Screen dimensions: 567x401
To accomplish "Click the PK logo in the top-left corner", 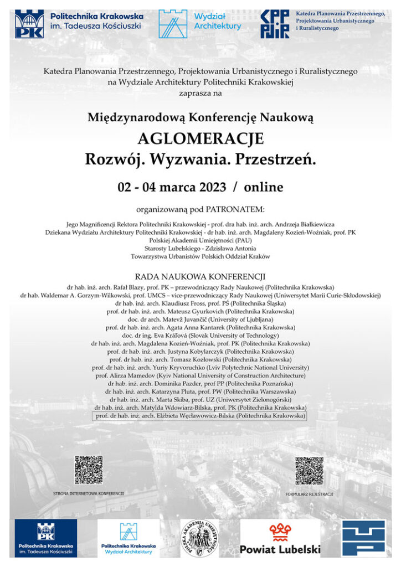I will tap(29, 23).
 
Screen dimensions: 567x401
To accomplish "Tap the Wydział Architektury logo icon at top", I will tap(173, 23).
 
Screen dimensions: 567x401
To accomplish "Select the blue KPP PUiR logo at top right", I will tap(275, 24).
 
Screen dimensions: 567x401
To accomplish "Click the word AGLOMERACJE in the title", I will tap(200, 138).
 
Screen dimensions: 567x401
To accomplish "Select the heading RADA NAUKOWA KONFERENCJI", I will tap(200, 276).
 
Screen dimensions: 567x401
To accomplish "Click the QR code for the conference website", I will tap(89, 470).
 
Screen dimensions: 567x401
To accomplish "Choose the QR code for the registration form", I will tap(309, 471).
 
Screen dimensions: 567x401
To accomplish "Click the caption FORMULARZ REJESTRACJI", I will tap(310, 493).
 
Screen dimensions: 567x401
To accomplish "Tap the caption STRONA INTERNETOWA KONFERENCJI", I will tap(89, 493).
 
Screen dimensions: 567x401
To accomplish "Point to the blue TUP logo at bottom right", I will tap(363, 538).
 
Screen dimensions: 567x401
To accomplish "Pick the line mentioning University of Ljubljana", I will tap(200, 319).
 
